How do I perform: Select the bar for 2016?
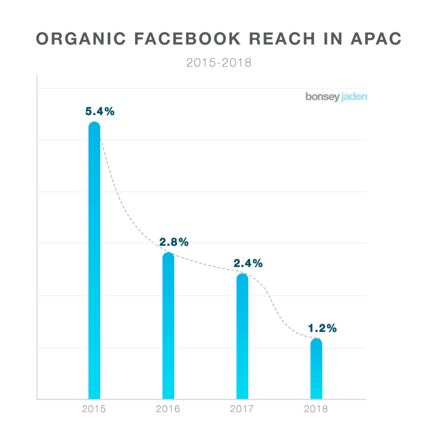168,326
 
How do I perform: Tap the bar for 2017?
242,336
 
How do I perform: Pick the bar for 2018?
316,369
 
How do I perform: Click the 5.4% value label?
100,111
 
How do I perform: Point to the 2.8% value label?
174,242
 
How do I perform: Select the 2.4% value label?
248,263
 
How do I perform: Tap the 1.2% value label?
322,328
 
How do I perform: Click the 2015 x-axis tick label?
94,409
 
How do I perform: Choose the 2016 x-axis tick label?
168,409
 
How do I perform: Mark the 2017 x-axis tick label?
242,409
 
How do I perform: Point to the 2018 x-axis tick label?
316,409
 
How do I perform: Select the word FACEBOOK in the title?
188,39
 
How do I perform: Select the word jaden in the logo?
355,97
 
